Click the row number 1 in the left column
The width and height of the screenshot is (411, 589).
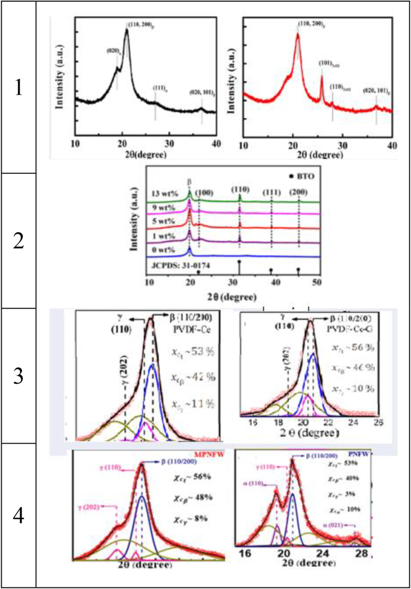pyautogui.click(x=19, y=88)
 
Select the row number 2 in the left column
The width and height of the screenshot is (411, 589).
pyautogui.click(x=19, y=241)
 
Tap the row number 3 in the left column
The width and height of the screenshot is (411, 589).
pyautogui.click(x=19, y=375)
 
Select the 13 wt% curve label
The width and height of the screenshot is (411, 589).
pyautogui.click(x=164, y=196)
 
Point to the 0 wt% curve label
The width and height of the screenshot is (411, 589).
pyautogui.click(x=164, y=249)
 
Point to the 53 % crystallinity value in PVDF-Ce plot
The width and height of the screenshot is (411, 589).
pyautogui.click(x=193, y=352)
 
